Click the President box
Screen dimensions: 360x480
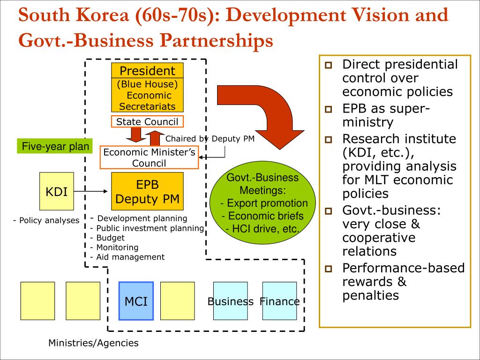click(x=147, y=71)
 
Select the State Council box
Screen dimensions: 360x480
click(x=147, y=122)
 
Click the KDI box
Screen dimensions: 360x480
click(x=56, y=191)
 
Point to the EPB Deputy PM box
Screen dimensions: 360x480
click(x=147, y=191)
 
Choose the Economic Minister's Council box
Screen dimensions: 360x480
click(x=149, y=157)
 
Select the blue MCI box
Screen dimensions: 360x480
click(x=136, y=301)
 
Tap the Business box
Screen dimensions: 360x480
click(x=231, y=301)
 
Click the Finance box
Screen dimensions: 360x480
click(x=279, y=301)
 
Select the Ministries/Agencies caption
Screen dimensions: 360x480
click(x=94, y=343)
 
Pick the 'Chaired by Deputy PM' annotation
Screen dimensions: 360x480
click(x=210, y=139)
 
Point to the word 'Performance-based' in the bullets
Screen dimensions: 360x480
click(x=404, y=268)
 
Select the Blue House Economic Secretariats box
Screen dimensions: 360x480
click(x=147, y=95)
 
